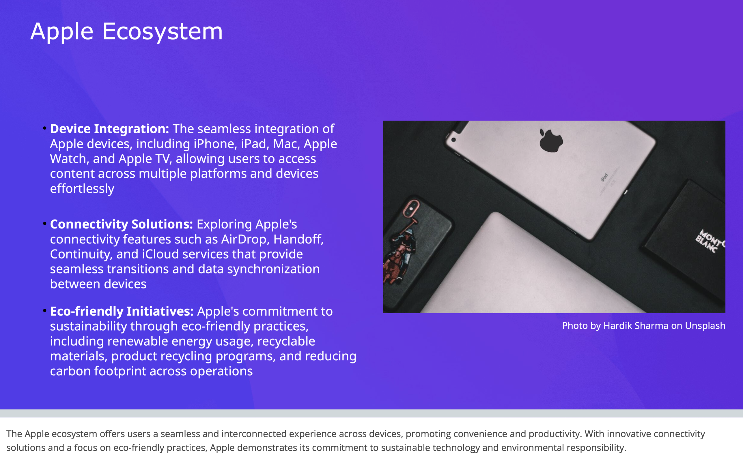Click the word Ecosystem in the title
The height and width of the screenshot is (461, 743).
162,32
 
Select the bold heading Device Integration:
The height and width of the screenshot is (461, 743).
109,129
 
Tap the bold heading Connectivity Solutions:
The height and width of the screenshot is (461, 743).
122,224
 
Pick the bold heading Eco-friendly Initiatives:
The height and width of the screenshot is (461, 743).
122,311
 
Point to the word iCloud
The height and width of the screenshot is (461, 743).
160,254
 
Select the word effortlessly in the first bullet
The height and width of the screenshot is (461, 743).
82,189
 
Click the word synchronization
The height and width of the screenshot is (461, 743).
273,269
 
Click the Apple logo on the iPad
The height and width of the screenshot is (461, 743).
551,140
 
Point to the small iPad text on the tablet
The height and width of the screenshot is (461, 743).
604,177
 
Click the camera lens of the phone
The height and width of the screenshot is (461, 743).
411,209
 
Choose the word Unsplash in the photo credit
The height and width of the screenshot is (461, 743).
705,326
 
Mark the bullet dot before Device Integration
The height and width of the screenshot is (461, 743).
44,128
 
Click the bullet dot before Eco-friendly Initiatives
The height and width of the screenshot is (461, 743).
44,311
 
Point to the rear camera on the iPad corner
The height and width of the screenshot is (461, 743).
453,140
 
